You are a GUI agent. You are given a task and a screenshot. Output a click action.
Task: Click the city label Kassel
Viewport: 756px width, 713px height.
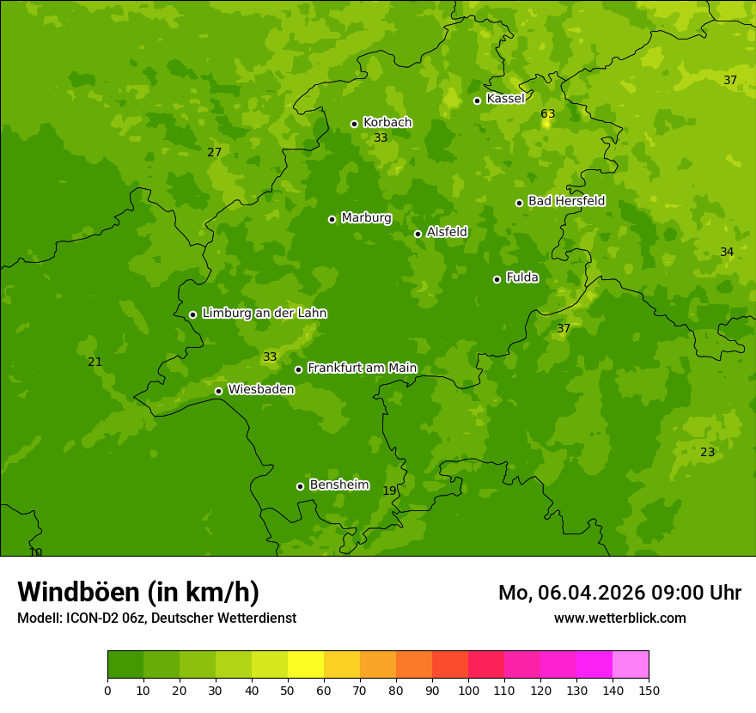(x=505, y=99)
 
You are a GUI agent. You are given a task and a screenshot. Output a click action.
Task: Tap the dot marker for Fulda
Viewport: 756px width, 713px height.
(x=497, y=279)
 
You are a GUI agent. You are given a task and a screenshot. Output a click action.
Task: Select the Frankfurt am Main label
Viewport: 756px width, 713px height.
(x=362, y=369)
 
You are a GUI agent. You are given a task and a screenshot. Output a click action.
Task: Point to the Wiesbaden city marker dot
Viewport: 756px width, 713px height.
(x=218, y=391)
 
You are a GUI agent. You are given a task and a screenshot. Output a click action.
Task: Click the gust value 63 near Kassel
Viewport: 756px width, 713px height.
(x=547, y=114)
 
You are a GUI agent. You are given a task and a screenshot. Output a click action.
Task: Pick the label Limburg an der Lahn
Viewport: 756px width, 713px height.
(x=264, y=314)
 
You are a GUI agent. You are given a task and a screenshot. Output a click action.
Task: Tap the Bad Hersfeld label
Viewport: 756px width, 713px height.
(x=566, y=202)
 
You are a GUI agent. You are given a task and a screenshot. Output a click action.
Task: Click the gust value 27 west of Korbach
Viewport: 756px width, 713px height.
(x=214, y=153)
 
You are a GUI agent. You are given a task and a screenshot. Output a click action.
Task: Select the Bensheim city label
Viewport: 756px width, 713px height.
(x=338, y=485)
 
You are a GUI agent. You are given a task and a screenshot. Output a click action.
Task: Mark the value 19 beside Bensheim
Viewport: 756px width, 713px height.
(x=389, y=491)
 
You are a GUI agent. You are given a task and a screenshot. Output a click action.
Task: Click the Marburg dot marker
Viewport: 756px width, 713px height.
(x=332, y=219)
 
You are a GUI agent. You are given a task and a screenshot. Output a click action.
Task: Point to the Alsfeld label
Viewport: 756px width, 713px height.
(x=447, y=232)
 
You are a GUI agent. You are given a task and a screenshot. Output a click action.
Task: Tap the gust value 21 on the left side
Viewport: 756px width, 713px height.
(x=94, y=363)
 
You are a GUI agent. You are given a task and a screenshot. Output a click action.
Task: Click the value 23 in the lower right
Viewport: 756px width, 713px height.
(x=707, y=453)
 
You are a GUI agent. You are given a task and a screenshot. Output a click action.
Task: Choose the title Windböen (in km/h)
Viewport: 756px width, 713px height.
(x=138, y=592)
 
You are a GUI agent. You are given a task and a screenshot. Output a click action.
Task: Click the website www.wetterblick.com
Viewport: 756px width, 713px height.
(x=619, y=619)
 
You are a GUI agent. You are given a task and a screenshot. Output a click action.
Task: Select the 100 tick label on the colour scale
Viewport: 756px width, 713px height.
(x=468, y=691)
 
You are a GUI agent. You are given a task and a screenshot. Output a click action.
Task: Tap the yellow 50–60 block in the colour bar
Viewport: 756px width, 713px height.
(x=306, y=665)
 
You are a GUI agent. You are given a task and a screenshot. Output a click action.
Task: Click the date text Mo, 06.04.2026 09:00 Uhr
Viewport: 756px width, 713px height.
(x=619, y=593)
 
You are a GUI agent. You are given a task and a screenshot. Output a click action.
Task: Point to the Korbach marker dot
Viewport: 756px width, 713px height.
(x=354, y=124)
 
